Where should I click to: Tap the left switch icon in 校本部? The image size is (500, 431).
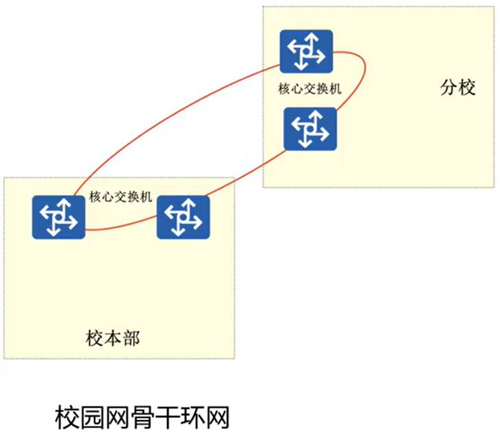(x=58, y=216)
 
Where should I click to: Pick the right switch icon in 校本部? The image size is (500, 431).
(x=183, y=217)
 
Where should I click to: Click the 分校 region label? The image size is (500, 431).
(x=458, y=88)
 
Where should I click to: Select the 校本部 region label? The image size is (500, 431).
(x=113, y=338)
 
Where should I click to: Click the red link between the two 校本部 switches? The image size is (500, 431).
(x=120, y=228)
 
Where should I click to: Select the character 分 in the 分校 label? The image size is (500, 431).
(x=449, y=88)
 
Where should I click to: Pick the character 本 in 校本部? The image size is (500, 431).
(x=113, y=338)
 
